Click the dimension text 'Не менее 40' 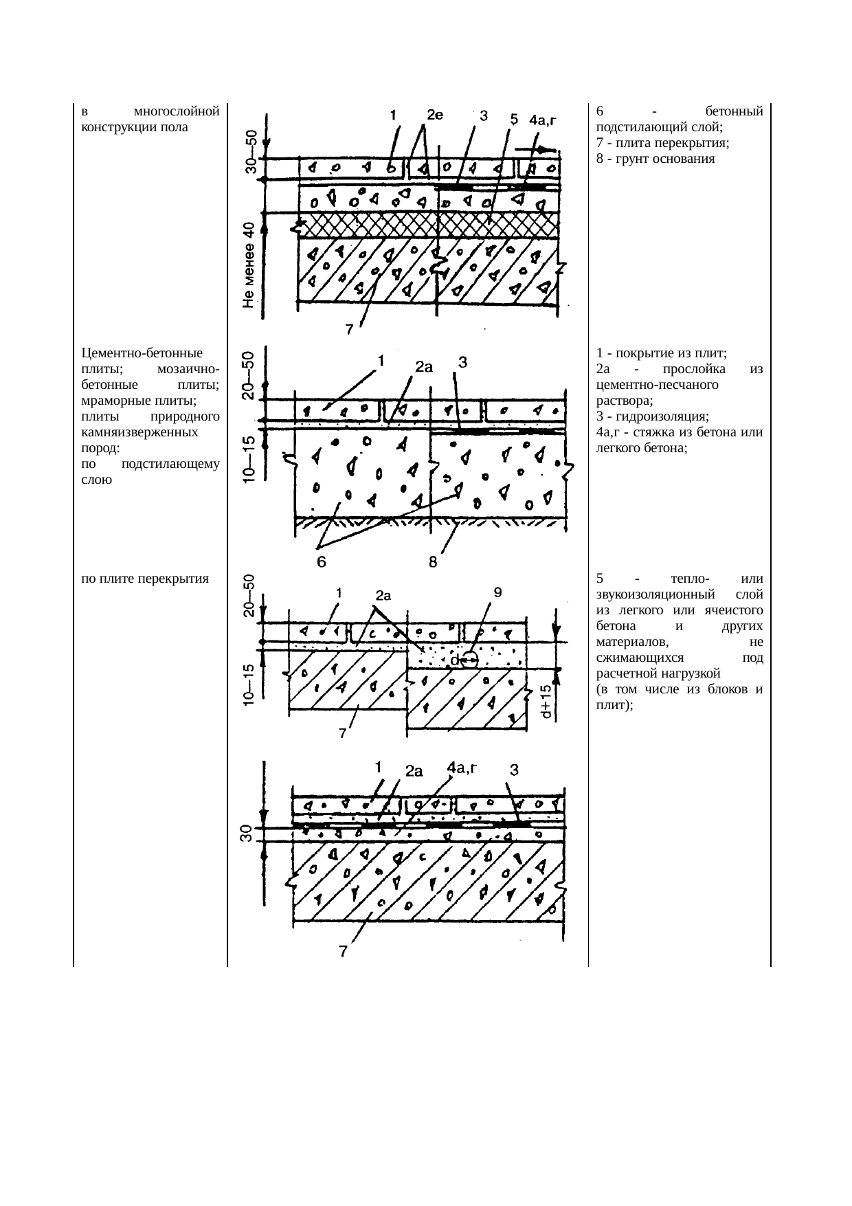click(x=249, y=265)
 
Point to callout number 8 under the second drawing click(x=434, y=562)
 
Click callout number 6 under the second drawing click(x=321, y=562)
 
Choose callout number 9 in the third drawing click(x=498, y=592)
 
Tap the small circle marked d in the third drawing click(x=469, y=660)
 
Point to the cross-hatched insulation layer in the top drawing click(x=426, y=225)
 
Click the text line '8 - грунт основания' click(x=656, y=158)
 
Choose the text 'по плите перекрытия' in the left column click(x=144, y=579)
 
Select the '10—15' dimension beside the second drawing click(x=250, y=459)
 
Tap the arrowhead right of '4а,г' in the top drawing click(x=548, y=149)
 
